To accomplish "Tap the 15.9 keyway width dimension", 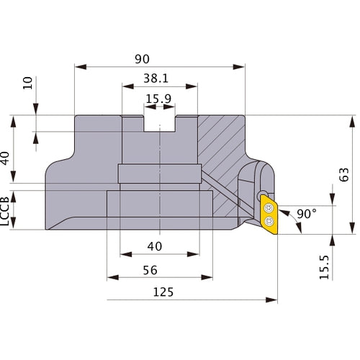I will tap(158, 99).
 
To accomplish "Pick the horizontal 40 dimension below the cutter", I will tap(154, 246).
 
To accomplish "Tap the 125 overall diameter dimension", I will tap(164, 292).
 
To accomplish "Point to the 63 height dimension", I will tap(343, 174).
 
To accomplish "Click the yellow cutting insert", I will tap(269, 215).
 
